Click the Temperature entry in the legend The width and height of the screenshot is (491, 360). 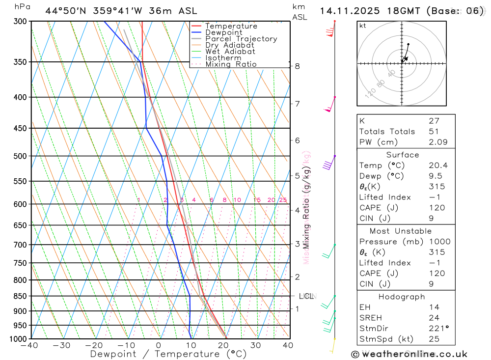(231, 26)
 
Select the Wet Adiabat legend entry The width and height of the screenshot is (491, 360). (230, 52)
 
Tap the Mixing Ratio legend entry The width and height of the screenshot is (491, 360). (231, 64)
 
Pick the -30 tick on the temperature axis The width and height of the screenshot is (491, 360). (62, 345)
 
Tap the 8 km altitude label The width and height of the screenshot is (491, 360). (298, 66)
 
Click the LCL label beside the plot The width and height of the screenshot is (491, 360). (306, 296)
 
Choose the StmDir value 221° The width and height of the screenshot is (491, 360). (438, 329)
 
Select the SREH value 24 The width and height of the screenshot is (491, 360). (434, 318)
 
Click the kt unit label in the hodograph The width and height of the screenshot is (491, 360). (363, 26)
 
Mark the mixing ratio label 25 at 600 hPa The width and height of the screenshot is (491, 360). (283, 200)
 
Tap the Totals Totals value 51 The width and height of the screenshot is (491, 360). (434, 132)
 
